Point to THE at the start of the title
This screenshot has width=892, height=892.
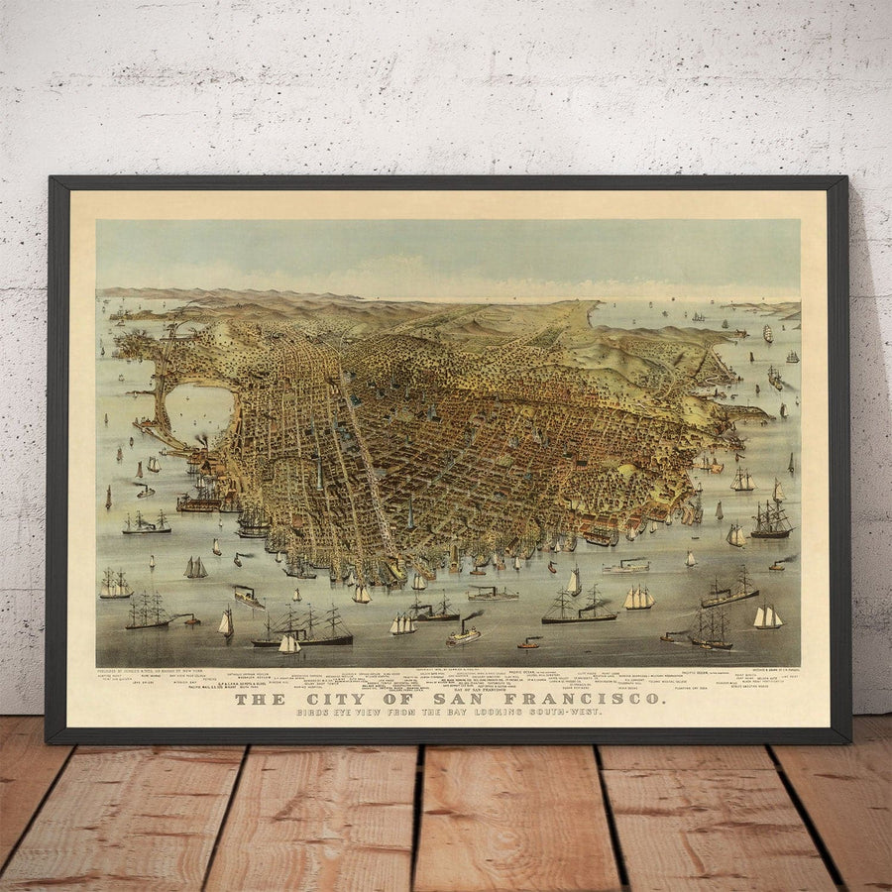pyautogui.click(x=262, y=699)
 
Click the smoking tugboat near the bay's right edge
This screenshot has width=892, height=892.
pyautogui.click(x=780, y=564)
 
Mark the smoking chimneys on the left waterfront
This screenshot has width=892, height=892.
pyautogui.click(x=201, y=443)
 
